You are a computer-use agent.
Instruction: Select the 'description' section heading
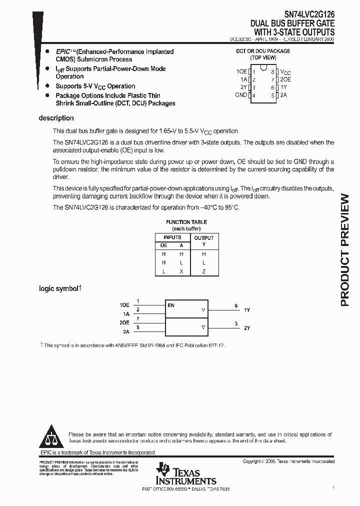pyautogui.click(x=56, y=118)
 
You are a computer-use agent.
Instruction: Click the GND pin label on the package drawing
pyautogui.click(x=241, y=95)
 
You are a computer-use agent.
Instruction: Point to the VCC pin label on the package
pyautogui.click(x=285, y=72)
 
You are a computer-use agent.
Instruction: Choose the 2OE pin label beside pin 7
pyautogui.click(x=285, y=79)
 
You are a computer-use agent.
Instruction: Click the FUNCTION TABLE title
pyautogui.click(x=186, y=222)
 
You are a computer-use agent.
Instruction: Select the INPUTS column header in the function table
pyautogui.click(x=172, y=237)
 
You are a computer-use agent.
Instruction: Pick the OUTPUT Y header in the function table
pyautogui.click(x=204, y=241)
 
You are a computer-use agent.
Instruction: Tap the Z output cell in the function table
pyautogui.click(x=204, y=271)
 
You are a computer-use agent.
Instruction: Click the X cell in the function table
pyautogui.click(x=181, y=271)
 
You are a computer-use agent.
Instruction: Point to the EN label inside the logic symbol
pyautogui.click(x=171, y=305)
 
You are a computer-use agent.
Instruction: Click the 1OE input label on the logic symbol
pyautogui.click(x=124, y=305)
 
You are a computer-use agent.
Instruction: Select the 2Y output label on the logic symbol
pyautogui.click(x=247, y=328)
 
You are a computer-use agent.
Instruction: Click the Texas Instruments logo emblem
pyautogui.click(x=163, y=469)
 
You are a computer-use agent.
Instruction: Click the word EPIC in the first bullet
pyautogui.click(x=62, y=51)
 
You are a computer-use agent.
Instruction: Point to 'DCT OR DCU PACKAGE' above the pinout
pyautogui.click(x=263, y=51)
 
